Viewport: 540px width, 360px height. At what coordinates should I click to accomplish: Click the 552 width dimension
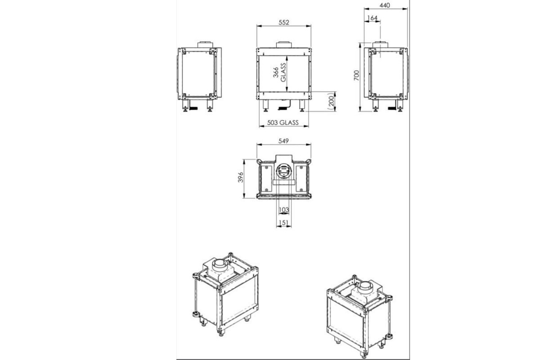284,23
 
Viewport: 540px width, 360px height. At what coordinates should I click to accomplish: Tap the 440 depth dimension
385,5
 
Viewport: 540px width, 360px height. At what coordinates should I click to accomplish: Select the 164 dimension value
373,18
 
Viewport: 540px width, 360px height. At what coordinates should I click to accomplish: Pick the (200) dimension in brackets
331,101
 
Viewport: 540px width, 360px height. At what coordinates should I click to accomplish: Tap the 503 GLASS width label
283,123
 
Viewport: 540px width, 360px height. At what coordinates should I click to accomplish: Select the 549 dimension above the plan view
284,141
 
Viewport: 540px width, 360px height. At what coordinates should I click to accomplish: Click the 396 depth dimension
240,178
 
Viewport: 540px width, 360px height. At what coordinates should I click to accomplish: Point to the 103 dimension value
284,210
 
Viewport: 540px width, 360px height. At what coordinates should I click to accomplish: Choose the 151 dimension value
284,223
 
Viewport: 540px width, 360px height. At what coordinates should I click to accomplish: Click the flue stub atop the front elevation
283,45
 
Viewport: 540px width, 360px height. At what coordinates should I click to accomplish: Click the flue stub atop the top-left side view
205,44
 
